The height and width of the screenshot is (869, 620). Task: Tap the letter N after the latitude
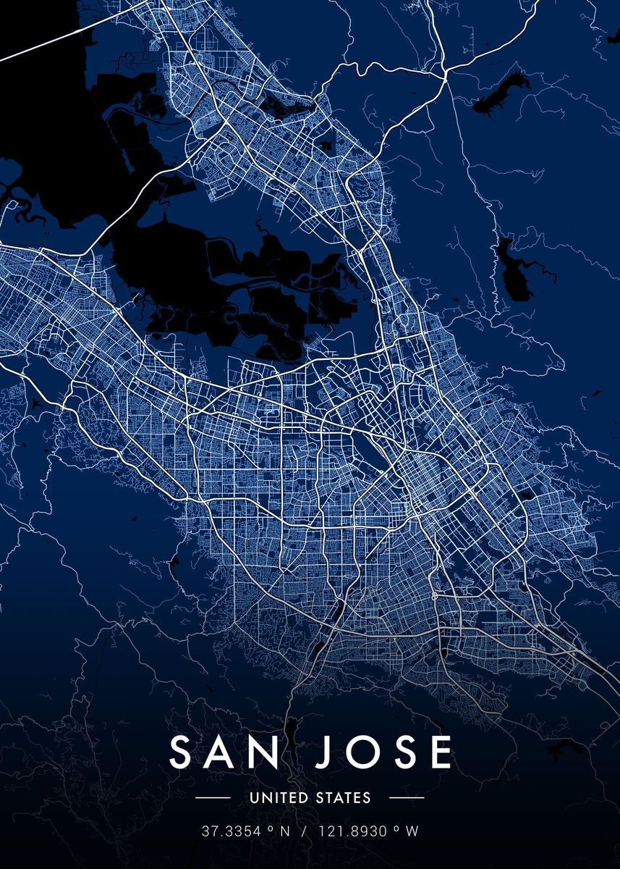point(284,832)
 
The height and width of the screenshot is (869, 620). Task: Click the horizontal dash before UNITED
point(213,798)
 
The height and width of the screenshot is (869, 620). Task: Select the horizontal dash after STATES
point(407,798)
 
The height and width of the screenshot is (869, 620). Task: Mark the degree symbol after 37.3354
point(269,829)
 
